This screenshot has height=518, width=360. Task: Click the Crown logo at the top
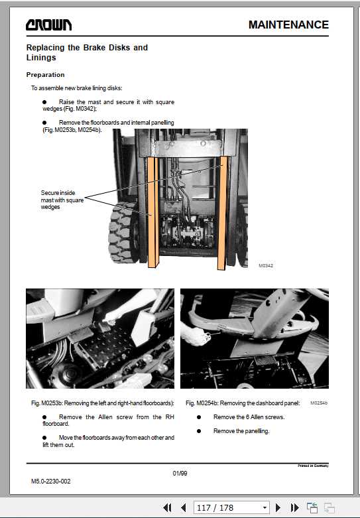(x=49, y=25)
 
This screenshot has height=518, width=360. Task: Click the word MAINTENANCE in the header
(x=288, y=25)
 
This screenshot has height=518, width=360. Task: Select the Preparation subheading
(x=45, y=75)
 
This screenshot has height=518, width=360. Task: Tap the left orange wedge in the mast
(x=152, y=212)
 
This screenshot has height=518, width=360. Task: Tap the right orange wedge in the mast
(x=222, y=212)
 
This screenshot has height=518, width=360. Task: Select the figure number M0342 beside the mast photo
(x=266, y=265)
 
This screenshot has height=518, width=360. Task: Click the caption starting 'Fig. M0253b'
(x=102, y=403)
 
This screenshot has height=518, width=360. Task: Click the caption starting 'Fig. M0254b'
(x=243, y=403)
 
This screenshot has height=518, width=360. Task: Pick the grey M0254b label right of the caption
(x=319, y=403)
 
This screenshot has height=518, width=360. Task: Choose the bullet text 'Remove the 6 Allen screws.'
(x=249, y=417)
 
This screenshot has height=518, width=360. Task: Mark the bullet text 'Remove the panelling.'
(x=241, y=431)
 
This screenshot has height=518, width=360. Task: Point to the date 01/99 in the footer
(x=180, y=473)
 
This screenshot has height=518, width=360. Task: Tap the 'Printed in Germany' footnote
(x=313, y=466)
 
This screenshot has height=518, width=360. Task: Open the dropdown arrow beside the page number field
(x=265, y=507)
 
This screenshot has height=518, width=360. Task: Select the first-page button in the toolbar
(x=168, y=507)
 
